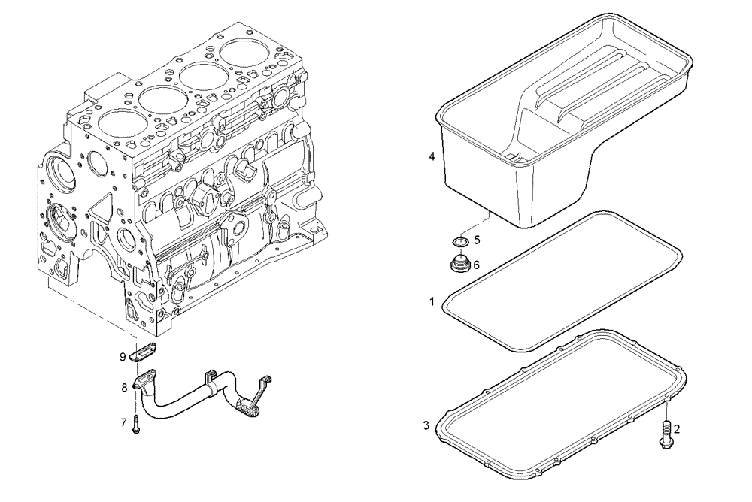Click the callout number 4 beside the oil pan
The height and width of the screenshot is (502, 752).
[x=432, y=157]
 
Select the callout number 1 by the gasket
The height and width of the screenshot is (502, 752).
[x=432, y=301]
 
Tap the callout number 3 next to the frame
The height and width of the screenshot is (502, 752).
[x=426, y=425]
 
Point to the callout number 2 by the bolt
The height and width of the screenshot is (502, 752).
[x=676, y=429]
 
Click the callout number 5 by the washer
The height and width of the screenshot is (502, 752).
[x=477, y=241]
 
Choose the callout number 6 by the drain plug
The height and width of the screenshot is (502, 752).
[x=477, y=265]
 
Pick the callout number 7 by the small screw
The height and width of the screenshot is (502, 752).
[x=123, y=423]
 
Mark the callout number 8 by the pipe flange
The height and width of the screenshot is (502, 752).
[x=123, y=389]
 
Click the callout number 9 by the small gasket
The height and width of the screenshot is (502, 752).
[x=122, y=357]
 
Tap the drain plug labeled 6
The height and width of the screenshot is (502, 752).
[x=458, y=265]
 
